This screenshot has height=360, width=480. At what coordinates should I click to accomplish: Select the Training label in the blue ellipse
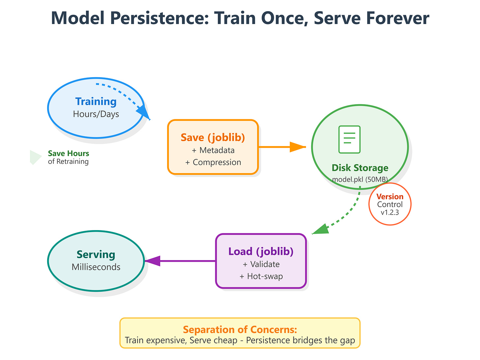click(x=96, y=102)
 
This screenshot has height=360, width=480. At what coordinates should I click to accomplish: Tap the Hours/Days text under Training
click(x=96, y=114)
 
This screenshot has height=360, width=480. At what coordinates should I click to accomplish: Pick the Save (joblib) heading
click(x=213, y=137)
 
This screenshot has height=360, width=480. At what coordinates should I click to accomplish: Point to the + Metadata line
click(x=213, y=150)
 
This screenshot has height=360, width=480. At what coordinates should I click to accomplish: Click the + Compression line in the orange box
click(x=213, y=162)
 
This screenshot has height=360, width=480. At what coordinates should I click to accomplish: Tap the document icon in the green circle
click(x=349, y=139)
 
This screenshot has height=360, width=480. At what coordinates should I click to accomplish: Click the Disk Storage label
click(x=360, y=168)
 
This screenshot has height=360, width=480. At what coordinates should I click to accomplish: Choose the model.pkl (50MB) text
click(x=360, y=179)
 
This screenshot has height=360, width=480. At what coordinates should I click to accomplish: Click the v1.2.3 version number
click(x=390, y=212)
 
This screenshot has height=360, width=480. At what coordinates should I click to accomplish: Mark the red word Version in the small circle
click(x=390, y=197)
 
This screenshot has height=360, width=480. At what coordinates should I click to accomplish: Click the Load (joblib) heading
click(x=261, y=252)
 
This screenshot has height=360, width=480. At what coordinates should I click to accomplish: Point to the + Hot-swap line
click(x=261, y=276)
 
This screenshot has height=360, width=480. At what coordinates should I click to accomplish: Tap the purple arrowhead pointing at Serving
click(x=153, y=261)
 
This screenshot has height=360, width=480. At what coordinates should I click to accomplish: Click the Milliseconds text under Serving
click(x=96, y=267)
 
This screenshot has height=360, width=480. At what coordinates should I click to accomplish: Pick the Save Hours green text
click(x=69, y=154)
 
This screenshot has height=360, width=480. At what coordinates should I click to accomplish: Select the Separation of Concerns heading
click(x=240, y=330)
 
